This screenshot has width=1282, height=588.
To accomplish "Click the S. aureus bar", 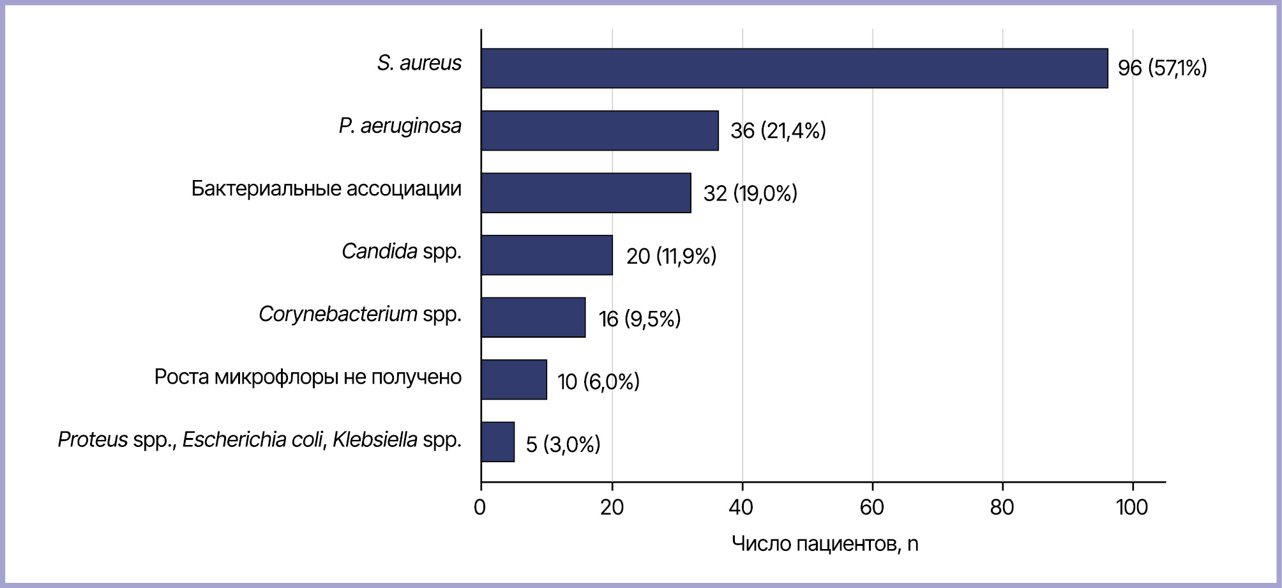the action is point(794,68).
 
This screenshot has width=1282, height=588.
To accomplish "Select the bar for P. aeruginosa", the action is point(600,131).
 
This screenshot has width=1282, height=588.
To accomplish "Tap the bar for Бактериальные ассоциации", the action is point(586,193).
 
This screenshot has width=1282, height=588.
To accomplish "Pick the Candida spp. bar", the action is point(547,255).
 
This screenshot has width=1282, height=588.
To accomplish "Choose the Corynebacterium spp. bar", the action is point(533,317).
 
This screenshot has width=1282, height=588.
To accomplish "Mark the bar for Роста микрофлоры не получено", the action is point(514,380).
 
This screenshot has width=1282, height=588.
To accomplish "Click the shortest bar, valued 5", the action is point(498,442).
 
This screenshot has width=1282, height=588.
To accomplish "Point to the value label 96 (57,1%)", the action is point(1162,68).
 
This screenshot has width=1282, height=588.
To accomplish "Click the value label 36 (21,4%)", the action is point(778,131).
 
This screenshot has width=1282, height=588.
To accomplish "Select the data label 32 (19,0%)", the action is point(750,193).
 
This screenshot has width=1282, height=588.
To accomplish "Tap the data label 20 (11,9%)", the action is point(671,256).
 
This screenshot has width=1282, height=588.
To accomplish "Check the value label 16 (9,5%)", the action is point(640,319).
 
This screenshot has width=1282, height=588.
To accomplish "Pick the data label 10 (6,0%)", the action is point(598,381).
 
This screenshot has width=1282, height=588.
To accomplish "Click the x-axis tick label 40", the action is point(741,508).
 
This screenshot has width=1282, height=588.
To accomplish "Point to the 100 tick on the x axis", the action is point(1132,508).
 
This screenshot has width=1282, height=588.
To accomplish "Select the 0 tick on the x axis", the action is point(480,508).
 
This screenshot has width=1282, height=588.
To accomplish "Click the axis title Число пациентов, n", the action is point(825,544).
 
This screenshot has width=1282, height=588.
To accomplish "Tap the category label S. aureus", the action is point(419,63).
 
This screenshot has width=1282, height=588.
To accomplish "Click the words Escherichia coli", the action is point(253,440).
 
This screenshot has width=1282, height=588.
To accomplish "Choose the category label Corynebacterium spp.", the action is point(360,315).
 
